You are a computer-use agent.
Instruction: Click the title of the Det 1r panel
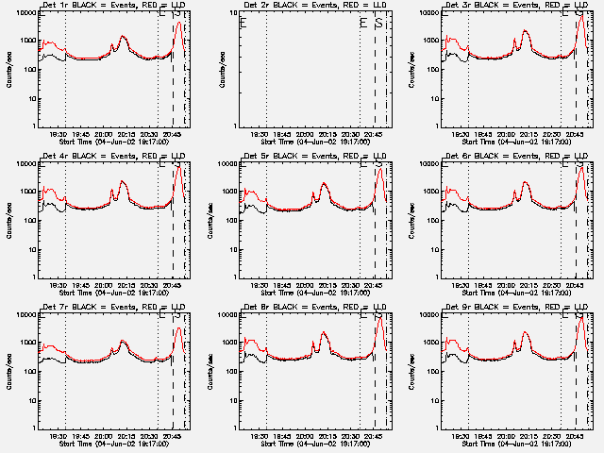click(108, 5)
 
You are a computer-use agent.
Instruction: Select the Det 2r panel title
click(310, 5)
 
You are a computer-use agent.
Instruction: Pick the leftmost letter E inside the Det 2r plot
click(243, 24)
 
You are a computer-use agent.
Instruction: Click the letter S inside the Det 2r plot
click(377, 24)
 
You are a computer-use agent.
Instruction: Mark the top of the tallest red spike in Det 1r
click(179, 21)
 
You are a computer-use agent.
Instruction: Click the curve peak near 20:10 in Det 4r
click(123, 181)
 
